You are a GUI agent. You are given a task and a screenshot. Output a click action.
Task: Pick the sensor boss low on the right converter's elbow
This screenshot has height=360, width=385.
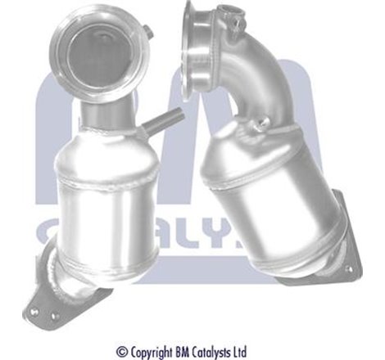[264, 124]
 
